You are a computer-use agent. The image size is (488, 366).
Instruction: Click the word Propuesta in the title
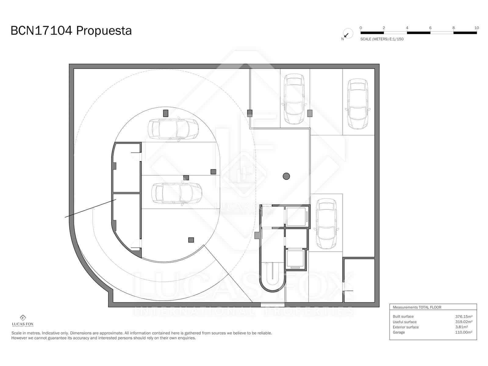104,31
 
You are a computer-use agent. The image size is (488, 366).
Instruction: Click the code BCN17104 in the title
41,31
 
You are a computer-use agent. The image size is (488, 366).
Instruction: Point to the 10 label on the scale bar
476,28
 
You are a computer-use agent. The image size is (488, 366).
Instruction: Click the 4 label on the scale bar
407,28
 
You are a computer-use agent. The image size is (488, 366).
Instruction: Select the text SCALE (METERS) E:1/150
382,39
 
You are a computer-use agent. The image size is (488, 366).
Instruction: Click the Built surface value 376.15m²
464,317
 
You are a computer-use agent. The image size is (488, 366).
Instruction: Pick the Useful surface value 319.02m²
464,322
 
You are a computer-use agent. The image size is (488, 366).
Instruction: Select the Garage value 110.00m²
464,332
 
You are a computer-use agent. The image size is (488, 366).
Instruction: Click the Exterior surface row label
406,327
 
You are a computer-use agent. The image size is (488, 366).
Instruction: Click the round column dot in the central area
286,176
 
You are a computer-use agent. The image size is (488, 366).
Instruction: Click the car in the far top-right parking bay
358,104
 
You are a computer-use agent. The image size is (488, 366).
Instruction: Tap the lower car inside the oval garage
177,193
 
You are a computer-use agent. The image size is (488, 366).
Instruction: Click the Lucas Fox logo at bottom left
23,321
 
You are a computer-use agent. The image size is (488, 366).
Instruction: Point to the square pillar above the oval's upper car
166,113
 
